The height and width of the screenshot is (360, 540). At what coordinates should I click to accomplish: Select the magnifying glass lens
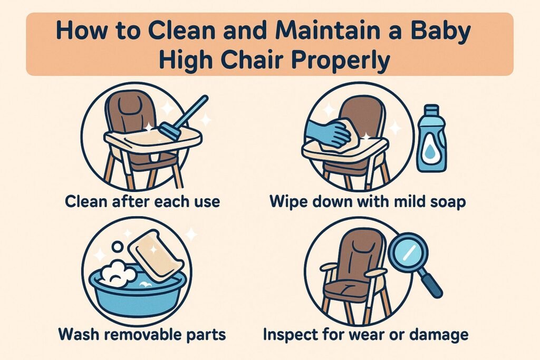point(408,252)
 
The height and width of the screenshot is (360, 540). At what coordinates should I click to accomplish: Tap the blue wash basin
point(138,293)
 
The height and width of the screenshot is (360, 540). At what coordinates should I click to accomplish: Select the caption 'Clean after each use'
point(142,201)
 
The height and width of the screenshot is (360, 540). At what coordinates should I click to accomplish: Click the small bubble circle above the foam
point(117,247)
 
